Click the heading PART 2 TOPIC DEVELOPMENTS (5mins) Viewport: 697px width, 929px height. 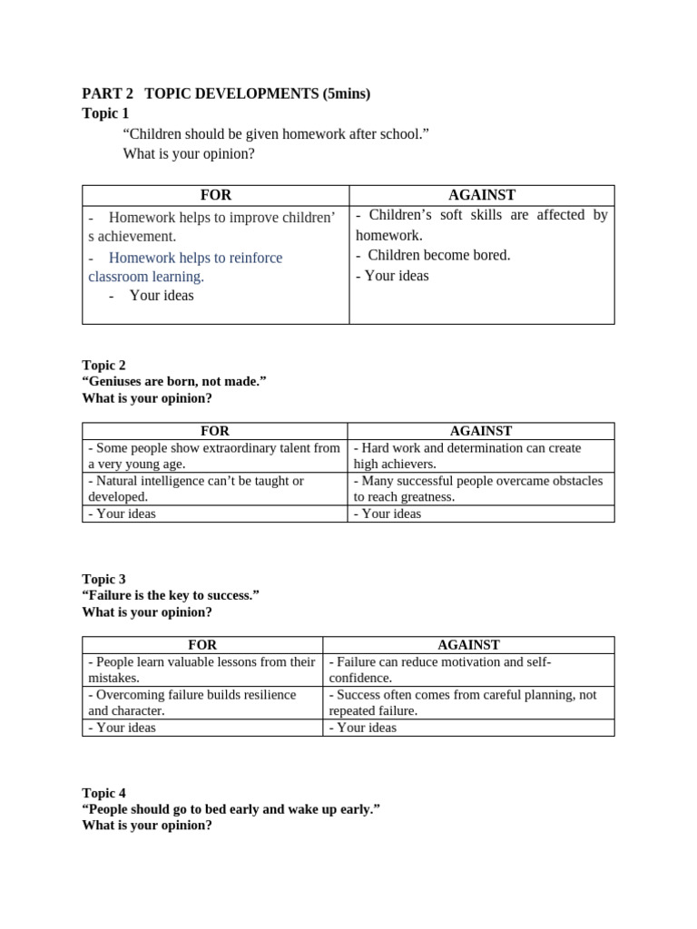point(226,93)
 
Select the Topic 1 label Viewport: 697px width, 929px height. point(105,113)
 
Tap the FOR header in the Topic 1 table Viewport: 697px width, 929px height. point(216,195)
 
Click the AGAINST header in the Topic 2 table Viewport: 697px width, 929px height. point(481,431)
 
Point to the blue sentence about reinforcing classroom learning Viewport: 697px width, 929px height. point(185,267)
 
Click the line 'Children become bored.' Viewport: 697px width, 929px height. point(433,255)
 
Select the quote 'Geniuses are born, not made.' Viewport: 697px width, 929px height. point(174,381)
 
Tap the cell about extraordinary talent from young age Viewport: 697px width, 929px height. point(214,455)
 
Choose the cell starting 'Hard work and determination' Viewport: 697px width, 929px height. point(467,455)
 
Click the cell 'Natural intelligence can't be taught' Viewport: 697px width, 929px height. point(196,488)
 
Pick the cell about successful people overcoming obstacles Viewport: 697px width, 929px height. point(478,488)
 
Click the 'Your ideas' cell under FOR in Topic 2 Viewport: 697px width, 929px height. point(123,513)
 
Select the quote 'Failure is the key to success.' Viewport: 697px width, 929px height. point(171,595)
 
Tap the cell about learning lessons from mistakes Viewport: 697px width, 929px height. point(201,670)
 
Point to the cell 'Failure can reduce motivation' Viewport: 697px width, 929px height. point(440,670)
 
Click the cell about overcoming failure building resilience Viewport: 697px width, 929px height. point(192,702)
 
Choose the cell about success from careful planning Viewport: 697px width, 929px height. point(463,702)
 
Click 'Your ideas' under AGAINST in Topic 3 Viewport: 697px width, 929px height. point(363,728)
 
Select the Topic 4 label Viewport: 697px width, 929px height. point(104,793)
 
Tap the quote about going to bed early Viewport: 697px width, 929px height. point(231,809)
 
